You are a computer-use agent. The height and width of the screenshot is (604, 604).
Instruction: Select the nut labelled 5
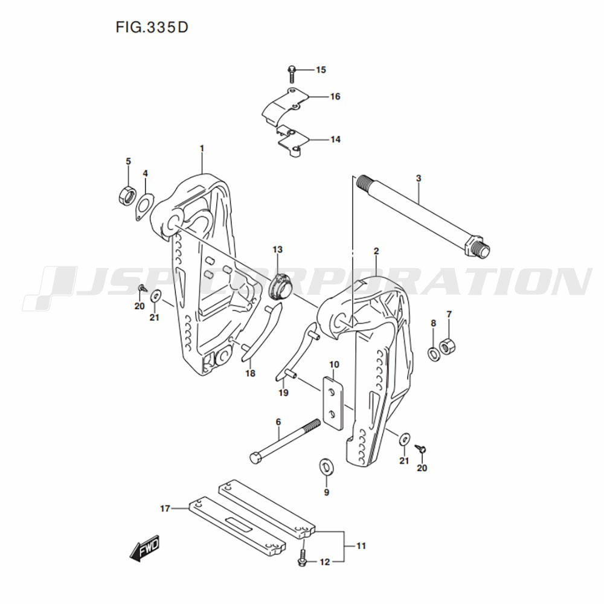pyautogui.click(x=126, y=195)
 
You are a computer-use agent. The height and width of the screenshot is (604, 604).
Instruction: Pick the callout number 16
pyautogui.click(x=335, y=97)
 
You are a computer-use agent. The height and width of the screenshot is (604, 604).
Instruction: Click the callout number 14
pyautogui.click(x=335, y=140)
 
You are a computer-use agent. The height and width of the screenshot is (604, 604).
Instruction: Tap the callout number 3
pyautogui.click(x=418, y=178)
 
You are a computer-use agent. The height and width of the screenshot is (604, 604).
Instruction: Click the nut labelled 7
pyautogui.click(x=449, y=347)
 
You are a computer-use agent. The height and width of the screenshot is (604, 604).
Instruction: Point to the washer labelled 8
pyautogui.click(x=434, y=353)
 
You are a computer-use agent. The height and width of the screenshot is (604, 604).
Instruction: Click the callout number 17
pyautogui.click(x=165, y=509)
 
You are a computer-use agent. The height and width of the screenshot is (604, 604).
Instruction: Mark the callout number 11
pyautogui.click(x=361, y=546)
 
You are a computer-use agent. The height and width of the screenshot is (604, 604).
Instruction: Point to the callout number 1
pyautogui.click(x=202, y=148)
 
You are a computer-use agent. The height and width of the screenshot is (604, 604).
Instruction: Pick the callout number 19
pyautogui.click(x=283, y=393)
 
